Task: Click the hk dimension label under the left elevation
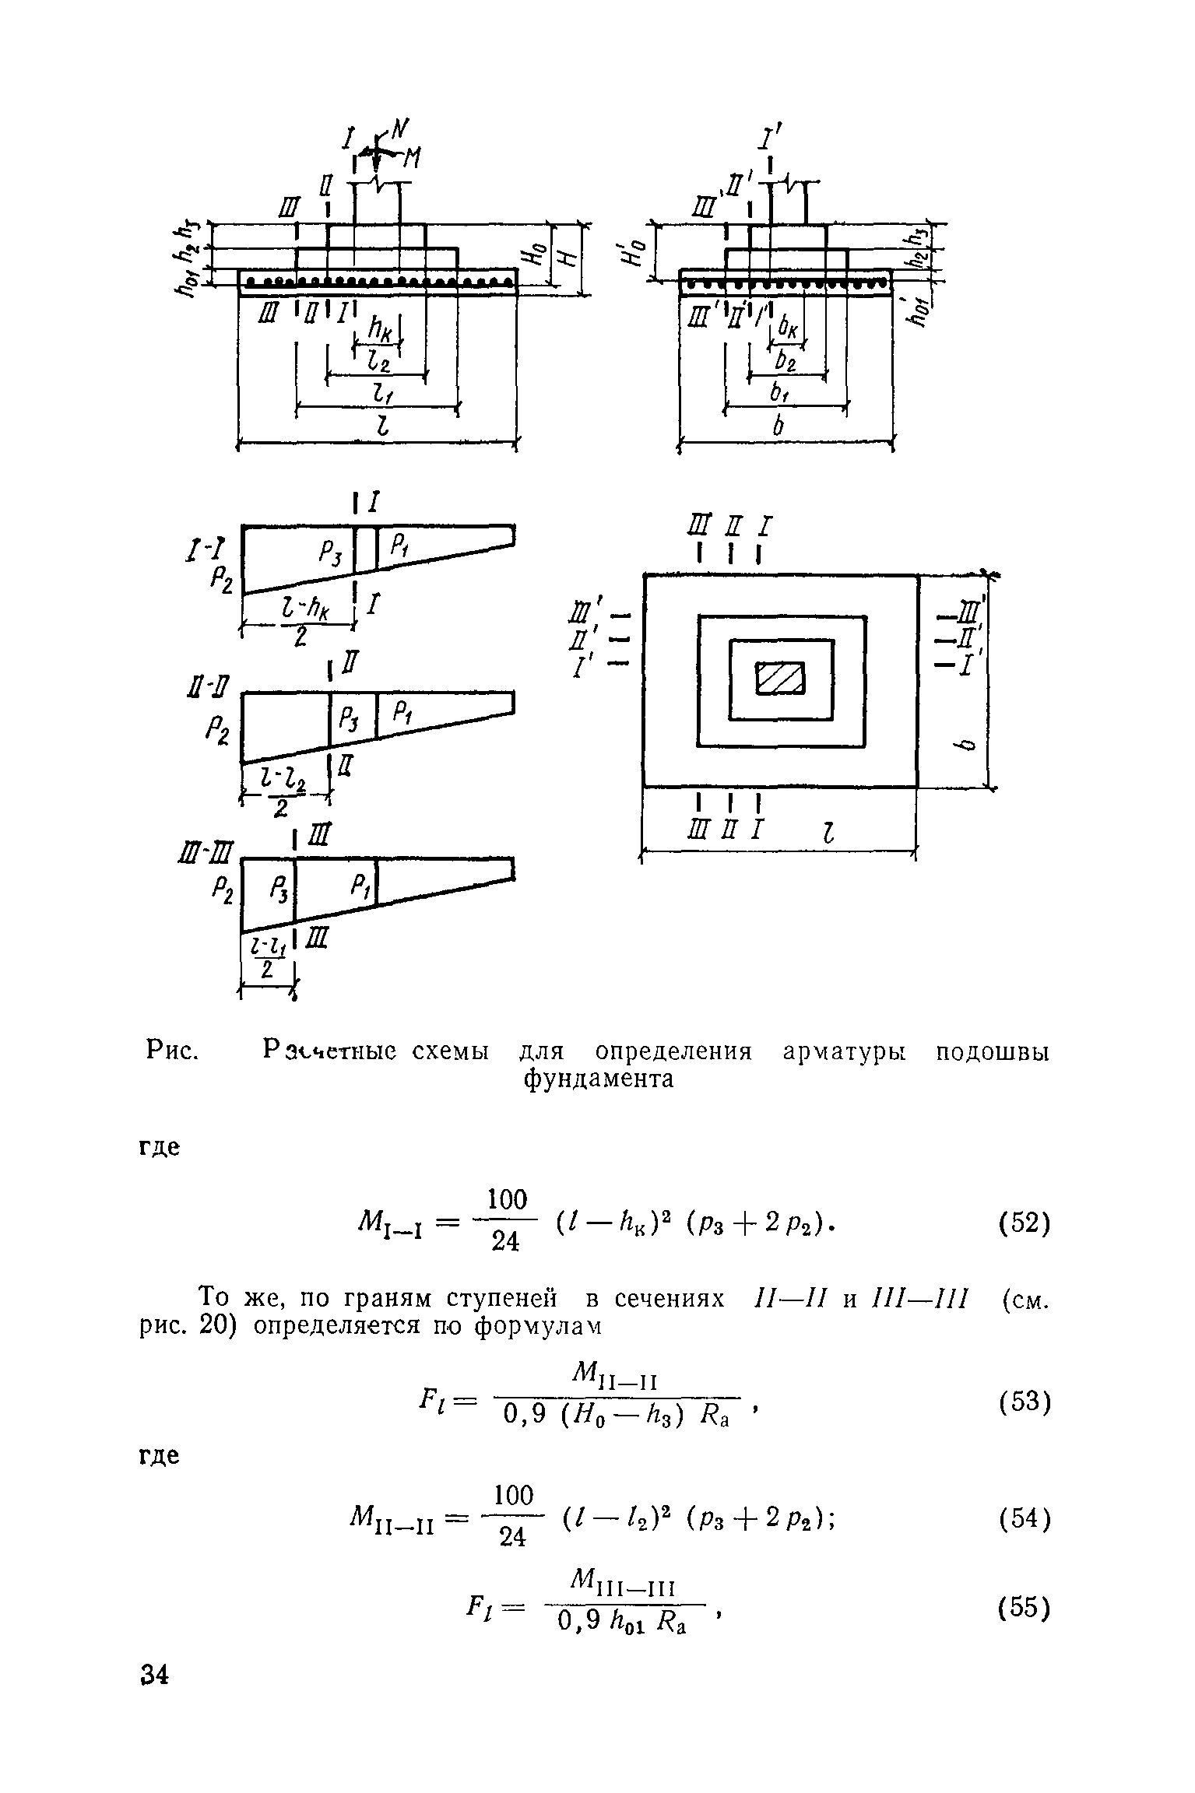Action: [x=381, y=331]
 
